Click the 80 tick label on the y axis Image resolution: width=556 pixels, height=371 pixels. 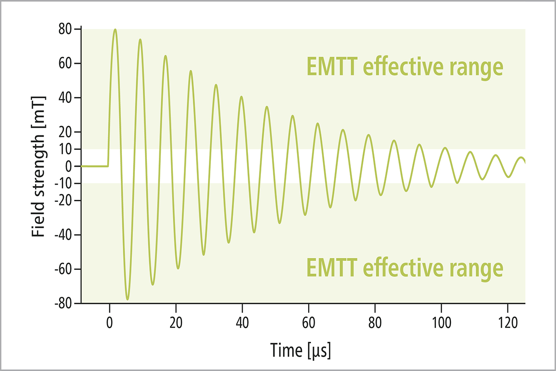click(x=65, y=29)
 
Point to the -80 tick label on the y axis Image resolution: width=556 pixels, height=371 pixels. click(x=63, y=303)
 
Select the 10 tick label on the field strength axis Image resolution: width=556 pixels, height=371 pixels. click(x=65, y=149)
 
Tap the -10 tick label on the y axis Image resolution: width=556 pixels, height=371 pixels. click(x=63, y=183)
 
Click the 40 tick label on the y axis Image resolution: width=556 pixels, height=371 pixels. click(x=65, y=98)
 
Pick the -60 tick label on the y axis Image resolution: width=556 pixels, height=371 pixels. click(x=63, y=269)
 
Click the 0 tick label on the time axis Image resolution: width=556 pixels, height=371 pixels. click(x=109, y=323)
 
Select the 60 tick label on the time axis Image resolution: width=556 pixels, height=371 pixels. click(x=309, y=323)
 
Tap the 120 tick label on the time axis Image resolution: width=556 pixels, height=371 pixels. click(x=508, y=323)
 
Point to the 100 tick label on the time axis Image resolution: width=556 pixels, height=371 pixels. click(x=441, y=323)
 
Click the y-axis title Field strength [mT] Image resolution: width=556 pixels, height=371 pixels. click(x=38, y=166)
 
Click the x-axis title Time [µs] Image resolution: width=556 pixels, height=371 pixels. click(x=301, y=351)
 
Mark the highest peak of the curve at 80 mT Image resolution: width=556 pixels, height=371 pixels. click(x=115, y=29)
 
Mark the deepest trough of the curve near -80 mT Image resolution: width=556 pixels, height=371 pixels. click(x=127, y=300)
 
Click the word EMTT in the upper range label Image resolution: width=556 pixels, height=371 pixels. click(x=332, y=66)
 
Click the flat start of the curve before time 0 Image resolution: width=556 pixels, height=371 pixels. click(x=95, y=166)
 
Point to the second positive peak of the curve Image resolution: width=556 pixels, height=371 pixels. click(x=140, y=39)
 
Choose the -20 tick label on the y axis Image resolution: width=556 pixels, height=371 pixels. click(x=63, y=200)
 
